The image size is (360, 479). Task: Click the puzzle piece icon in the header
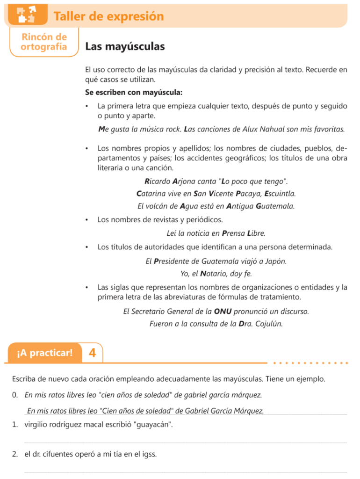tap(26, 15)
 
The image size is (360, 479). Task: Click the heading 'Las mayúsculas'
tap(125, 47)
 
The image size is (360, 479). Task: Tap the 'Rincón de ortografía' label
tap(44, 42)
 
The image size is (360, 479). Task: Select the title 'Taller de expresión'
tap(108, 16)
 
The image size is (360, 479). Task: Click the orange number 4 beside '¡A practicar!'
tap(92, 352)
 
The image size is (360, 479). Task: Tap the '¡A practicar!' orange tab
tap(44, 352)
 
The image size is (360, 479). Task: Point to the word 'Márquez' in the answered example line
tap(248, 411)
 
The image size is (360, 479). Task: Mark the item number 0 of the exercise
tap(15, 395)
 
